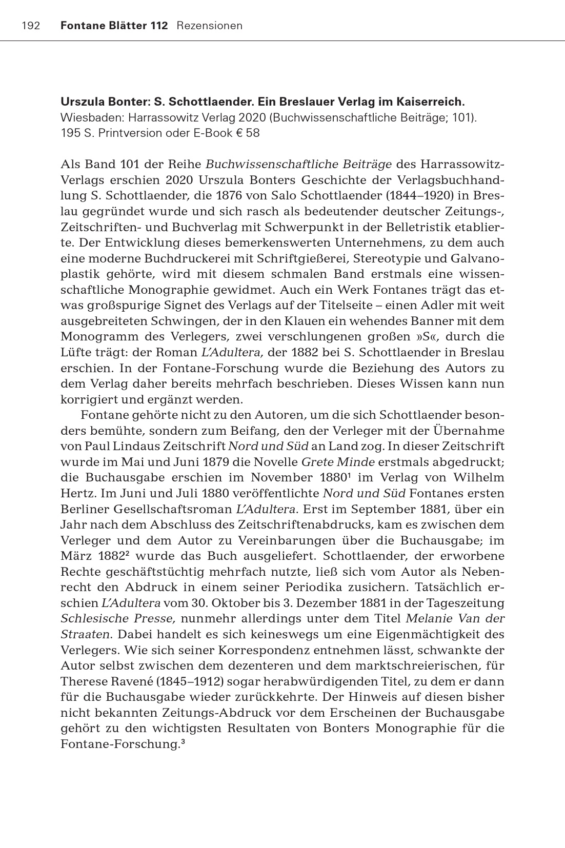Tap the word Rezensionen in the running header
pyautogui.click(x=209, y=26)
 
